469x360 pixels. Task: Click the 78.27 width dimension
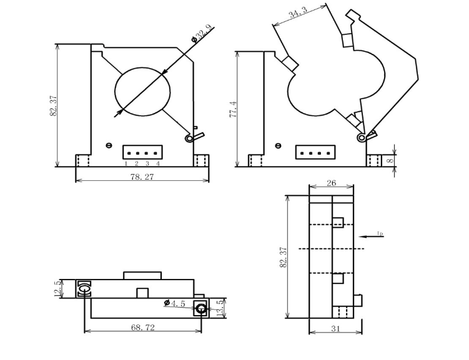click(142, 177)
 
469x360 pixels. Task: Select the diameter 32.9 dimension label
click(203, 34)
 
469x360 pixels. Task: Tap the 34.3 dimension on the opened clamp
click(298, 12)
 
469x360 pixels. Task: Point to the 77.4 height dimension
click(233, 109)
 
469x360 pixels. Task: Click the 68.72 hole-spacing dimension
click(143, 328)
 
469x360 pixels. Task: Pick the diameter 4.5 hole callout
click(175, 304)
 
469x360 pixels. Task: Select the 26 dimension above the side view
click(331, 183)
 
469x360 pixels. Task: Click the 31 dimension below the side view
click(335, 329)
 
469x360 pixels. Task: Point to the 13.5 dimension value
click(220, 308)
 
